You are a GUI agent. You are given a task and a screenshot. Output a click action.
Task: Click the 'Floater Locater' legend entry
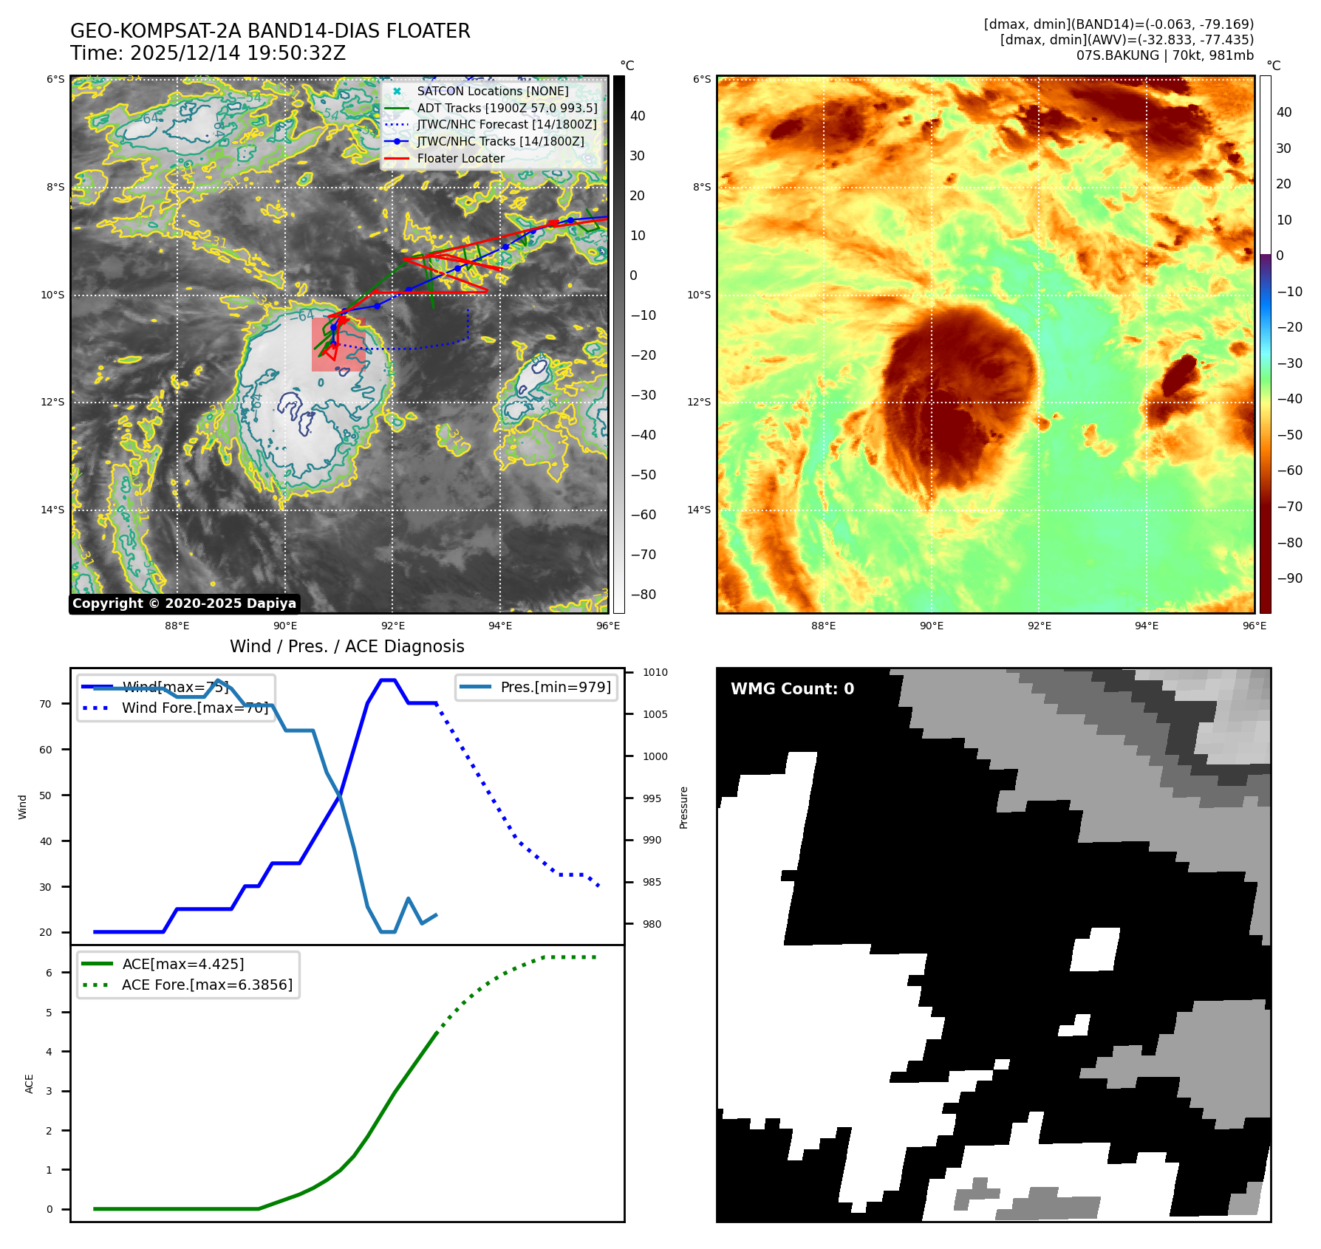(x=460, y=158)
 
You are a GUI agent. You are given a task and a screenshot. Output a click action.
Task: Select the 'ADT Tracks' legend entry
(x=507, y=108)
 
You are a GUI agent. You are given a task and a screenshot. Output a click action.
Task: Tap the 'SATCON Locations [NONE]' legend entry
(x=492, y=91)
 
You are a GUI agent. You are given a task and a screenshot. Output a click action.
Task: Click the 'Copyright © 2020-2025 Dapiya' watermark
(x=184, y=603)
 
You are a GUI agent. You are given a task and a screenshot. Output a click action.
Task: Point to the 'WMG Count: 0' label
(x=792, y=688)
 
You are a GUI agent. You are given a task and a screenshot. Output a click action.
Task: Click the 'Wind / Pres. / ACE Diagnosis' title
(x=347, y=646)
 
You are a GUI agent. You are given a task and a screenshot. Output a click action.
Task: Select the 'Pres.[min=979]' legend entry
(x=555, y=687)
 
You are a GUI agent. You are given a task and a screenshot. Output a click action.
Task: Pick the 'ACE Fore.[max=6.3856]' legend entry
(x=207, y=985)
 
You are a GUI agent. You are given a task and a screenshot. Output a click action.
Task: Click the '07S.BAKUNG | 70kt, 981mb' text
(x=1164, y=55)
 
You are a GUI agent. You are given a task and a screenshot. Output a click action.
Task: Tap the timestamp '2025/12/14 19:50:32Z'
(x=237, y=53)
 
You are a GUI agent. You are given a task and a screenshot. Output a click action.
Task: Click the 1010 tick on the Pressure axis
(x=655, y=672)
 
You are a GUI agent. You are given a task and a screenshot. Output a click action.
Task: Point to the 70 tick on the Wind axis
(x=46, y=704)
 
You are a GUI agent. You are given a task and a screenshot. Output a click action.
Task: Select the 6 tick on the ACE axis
(x=50, y=973)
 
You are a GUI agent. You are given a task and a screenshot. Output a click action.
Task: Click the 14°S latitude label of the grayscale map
(x=52, y=510)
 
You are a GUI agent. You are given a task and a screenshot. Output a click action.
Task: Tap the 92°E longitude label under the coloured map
(x=1039, y=626)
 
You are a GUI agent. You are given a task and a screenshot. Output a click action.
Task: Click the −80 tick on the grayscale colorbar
(x=643, y=594)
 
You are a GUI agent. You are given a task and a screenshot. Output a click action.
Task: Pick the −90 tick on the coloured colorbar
(x=1289, y=578)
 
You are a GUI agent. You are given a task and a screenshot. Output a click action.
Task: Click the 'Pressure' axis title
(x=684, y=807)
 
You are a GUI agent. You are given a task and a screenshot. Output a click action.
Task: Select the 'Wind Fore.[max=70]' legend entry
(x=194, y=708)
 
